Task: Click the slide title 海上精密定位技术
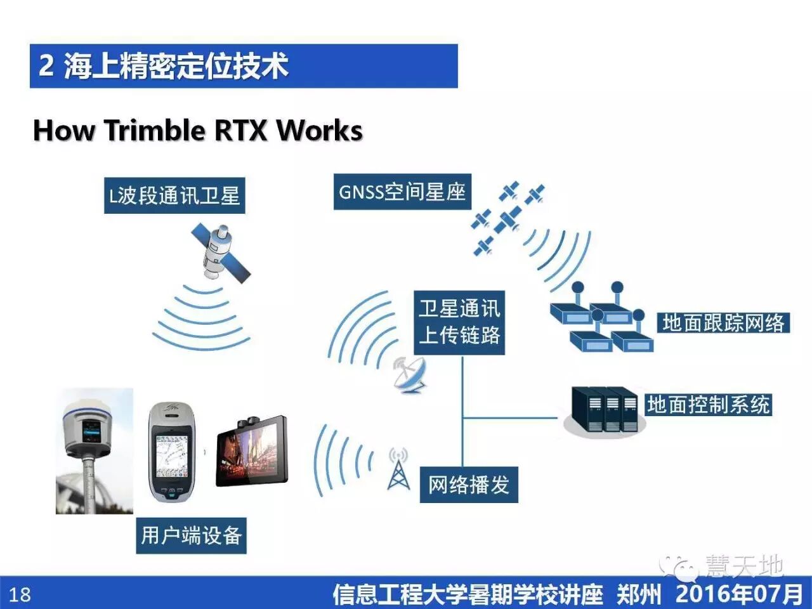176,66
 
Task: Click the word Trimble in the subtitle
155,130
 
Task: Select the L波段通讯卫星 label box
174,195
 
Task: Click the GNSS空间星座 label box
402,192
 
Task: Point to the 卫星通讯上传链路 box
459,322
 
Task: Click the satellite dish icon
409,374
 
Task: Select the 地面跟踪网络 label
723,323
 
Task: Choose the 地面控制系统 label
708,404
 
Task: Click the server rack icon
605,409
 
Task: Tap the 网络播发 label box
469,485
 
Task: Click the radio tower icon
398,469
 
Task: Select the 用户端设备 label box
191,535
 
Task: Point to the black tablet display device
252,451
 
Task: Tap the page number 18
20,594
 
